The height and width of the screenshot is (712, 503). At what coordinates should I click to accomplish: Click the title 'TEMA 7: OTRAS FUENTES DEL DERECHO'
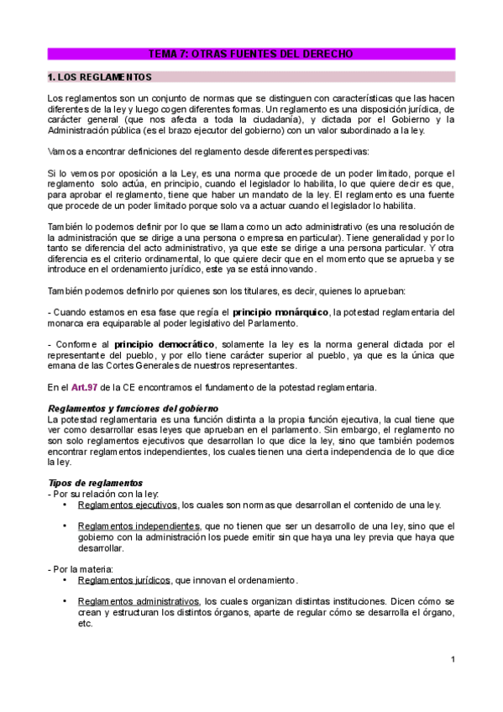pos(251,54)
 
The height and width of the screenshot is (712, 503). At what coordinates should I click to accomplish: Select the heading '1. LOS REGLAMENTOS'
pos(100,77)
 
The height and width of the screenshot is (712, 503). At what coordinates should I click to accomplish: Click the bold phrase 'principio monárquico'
pos(281,312)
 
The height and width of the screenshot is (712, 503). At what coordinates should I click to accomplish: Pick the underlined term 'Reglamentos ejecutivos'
pos(127,505)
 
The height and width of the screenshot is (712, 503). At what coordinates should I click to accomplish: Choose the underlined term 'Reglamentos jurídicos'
pos(123,580)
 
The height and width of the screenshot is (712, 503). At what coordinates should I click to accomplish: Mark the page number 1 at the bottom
pos(452,659)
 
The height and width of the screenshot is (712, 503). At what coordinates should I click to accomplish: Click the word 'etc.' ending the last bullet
pos(84,624)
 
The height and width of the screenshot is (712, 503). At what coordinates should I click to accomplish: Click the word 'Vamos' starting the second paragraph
pos(62,152)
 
